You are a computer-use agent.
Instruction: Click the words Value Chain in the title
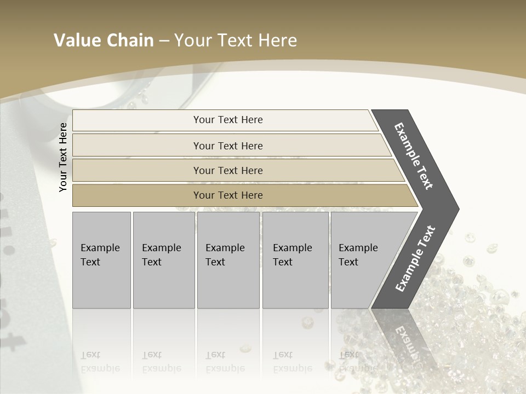(104, 40)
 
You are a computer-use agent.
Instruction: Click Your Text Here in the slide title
(236, 40)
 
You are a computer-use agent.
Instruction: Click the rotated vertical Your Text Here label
(63, 157)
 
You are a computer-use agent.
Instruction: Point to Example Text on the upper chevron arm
(414, 156)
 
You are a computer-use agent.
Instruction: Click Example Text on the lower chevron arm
(415, 259)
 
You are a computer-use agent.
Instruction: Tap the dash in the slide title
(164, 40)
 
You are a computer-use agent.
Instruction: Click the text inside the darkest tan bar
(228, 195)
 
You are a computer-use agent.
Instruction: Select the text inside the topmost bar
(228, 120)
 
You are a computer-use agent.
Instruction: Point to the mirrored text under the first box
(100, 362)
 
